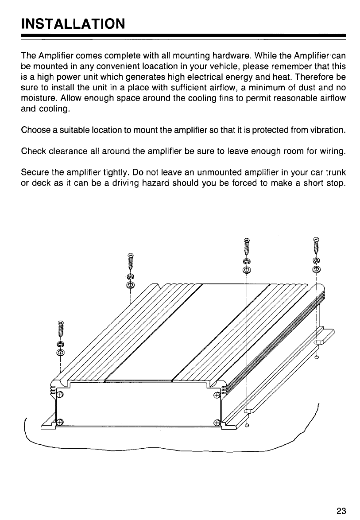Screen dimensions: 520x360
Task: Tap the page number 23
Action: point(341,511)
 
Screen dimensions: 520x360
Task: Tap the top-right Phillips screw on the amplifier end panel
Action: point(217,395)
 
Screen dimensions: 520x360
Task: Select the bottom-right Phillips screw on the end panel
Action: point(217,422)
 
